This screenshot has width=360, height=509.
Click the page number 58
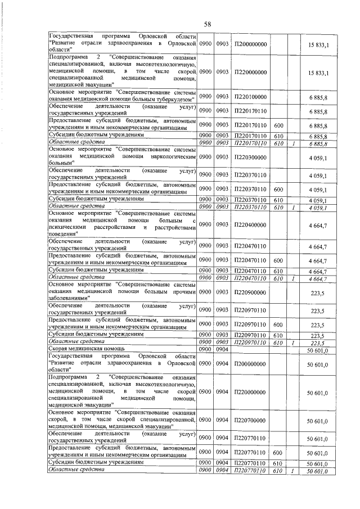click(207, 24)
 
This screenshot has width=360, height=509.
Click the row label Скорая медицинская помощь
click(83, 349)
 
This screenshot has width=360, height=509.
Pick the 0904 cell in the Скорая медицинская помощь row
click(223, 349)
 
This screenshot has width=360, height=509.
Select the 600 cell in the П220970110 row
click(277, 325)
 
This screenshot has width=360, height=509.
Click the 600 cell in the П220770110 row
click(277, 452)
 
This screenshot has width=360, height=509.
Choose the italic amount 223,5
click(319, 343)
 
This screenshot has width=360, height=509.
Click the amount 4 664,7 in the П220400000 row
click(318, 225)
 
